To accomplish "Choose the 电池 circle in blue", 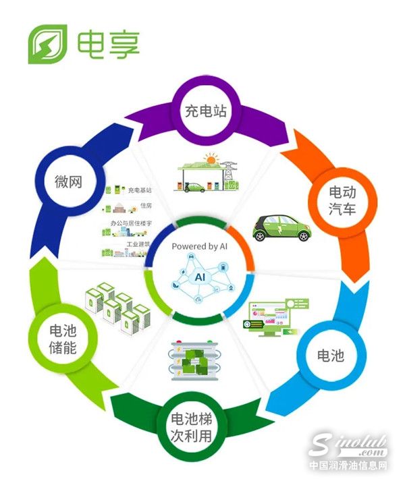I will point(331,355).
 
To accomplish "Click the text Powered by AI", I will point(200,247).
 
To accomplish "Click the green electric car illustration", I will point(282,227).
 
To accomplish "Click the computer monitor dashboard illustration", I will point(269,318).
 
